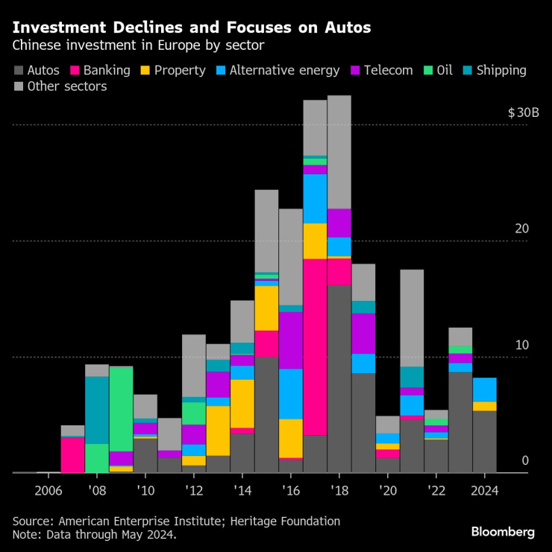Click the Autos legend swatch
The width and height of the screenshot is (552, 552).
click(x=17, y=71)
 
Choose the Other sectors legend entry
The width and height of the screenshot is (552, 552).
click(x=66, y=87)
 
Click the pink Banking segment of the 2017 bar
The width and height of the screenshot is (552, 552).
click(x=315, y=346)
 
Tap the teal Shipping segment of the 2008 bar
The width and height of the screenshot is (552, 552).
click(x=97, y=410)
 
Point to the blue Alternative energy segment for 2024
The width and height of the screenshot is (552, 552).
click(x=484, y=390)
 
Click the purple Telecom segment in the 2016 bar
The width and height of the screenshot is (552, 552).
click(x=291, y=340)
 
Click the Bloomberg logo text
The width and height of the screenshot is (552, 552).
click(x=503, y=532)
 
